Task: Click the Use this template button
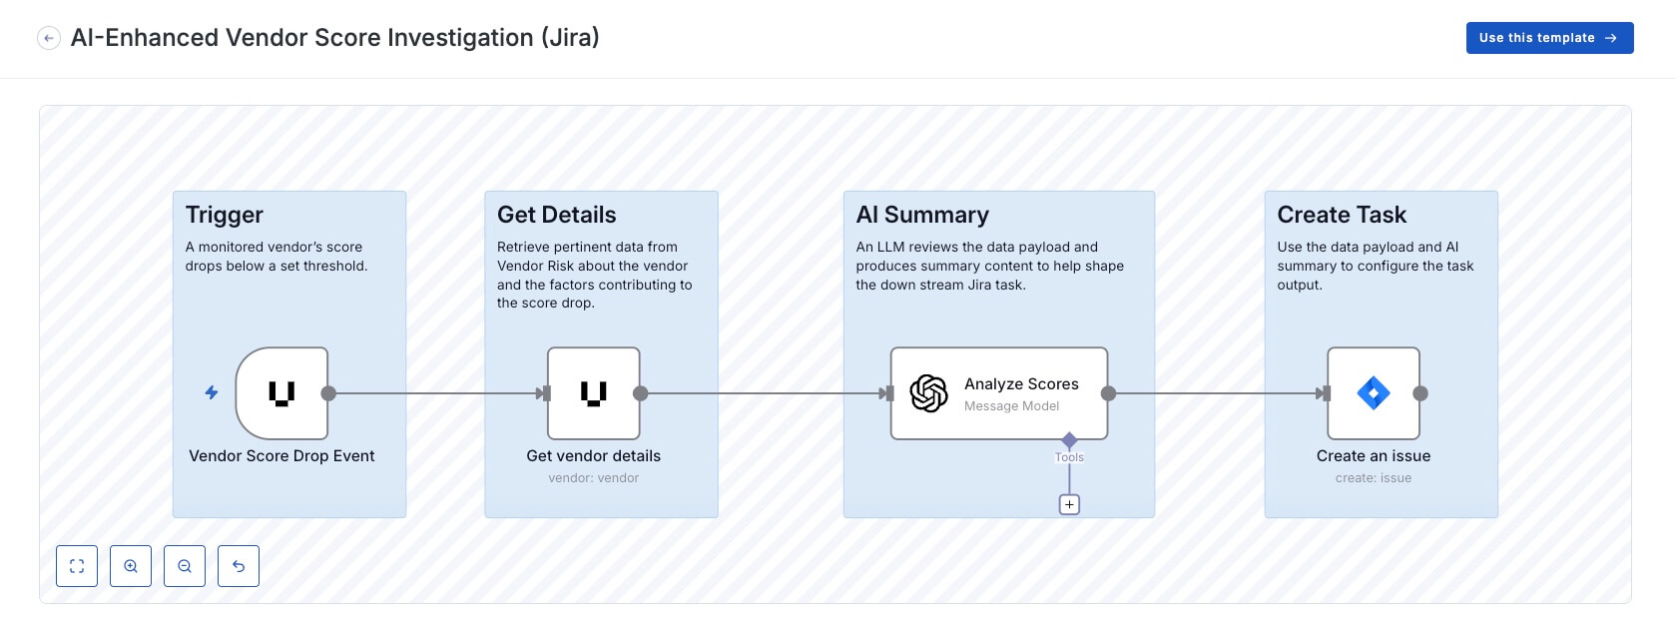click(1548, 38)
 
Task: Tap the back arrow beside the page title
click(49, 38)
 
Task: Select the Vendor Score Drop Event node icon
click(281, 393)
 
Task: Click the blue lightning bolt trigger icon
click(212, 392)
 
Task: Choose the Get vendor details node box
click(594, 393)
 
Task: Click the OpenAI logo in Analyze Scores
click(928, 393)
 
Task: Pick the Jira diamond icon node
click(1374, 393)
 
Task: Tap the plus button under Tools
click(1069, 505)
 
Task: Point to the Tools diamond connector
click(1069, 440)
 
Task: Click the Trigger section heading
click(225, 215)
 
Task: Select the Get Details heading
click(557, 215)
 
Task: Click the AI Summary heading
click(922, 215)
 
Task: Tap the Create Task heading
click(1342, 215)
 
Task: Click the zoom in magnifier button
click(131, 566)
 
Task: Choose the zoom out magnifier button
click(185, 566)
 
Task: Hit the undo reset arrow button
click(239, 566)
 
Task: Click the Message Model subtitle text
click(1011, 406)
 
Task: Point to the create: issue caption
click(1374, 478)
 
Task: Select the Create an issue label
click(1374, 456)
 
